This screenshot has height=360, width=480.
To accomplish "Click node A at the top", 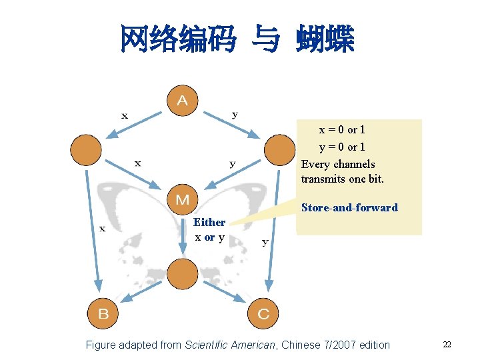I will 182,101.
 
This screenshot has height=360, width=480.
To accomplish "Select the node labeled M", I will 182,199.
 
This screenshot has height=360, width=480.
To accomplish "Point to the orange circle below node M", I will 182,273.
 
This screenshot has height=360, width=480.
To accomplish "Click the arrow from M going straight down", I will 182,237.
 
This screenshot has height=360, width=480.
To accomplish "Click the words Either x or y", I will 209,229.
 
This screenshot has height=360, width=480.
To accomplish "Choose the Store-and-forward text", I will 349,207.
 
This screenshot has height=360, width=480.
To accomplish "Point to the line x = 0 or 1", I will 341,129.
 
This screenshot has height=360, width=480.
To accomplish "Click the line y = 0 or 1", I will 341,147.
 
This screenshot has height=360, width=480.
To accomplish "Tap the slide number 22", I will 447,345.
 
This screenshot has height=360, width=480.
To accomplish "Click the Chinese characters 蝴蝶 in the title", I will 326,39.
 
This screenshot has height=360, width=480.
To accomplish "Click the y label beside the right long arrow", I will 265,241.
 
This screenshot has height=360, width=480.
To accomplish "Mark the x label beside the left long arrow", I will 102,229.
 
